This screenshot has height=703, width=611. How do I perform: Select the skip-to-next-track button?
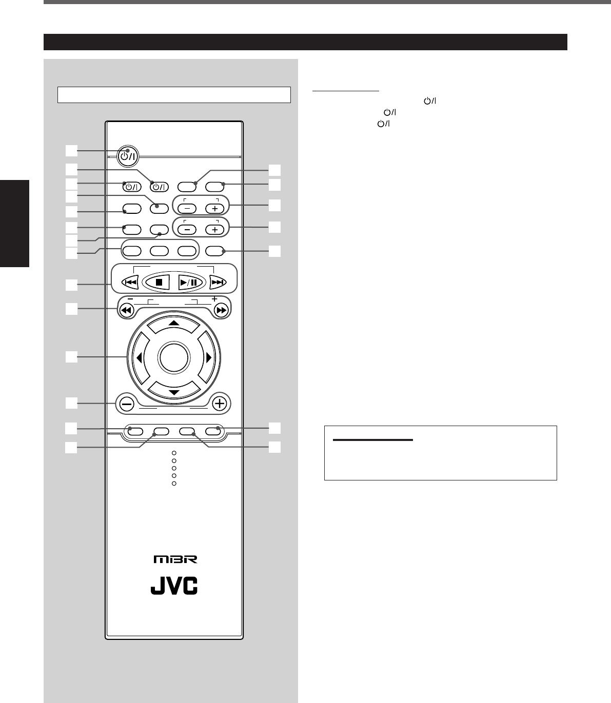click(x=219, y=282)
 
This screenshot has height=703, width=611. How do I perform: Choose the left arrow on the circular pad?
click(x=139, y=358)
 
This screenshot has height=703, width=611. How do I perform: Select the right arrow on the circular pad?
click(x=208, y=358)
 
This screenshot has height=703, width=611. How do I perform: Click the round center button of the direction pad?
click(x=173, y=358)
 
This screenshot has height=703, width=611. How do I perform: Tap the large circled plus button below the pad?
click(x=220, y=404)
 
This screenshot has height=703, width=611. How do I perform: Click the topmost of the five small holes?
click(x=174, y=453)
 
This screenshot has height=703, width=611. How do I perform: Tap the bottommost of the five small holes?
click(x=174, y=484)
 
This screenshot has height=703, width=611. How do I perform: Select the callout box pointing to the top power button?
click(x=71, y=150)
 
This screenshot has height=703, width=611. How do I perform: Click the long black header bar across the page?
click(x=305, y=42)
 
